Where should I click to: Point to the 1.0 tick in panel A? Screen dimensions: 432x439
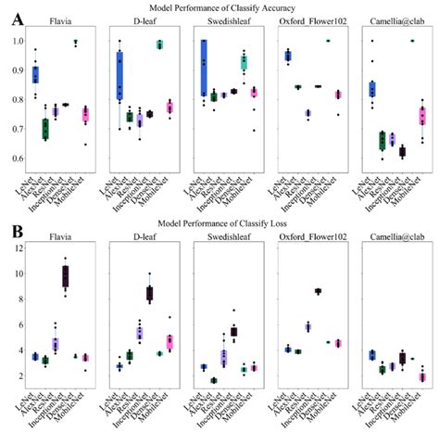pyautogui.click(x=16, y=42)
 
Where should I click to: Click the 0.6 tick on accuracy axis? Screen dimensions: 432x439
pyautogui.click(x=16, y=159)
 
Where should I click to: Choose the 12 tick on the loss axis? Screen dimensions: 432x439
pyautogui.click(x=16, y=248)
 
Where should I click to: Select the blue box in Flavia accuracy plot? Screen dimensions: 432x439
pyautogui.click(x=35, y=74)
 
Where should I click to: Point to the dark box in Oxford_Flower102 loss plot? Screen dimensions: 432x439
pyautogui.click(x=318, y=291)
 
